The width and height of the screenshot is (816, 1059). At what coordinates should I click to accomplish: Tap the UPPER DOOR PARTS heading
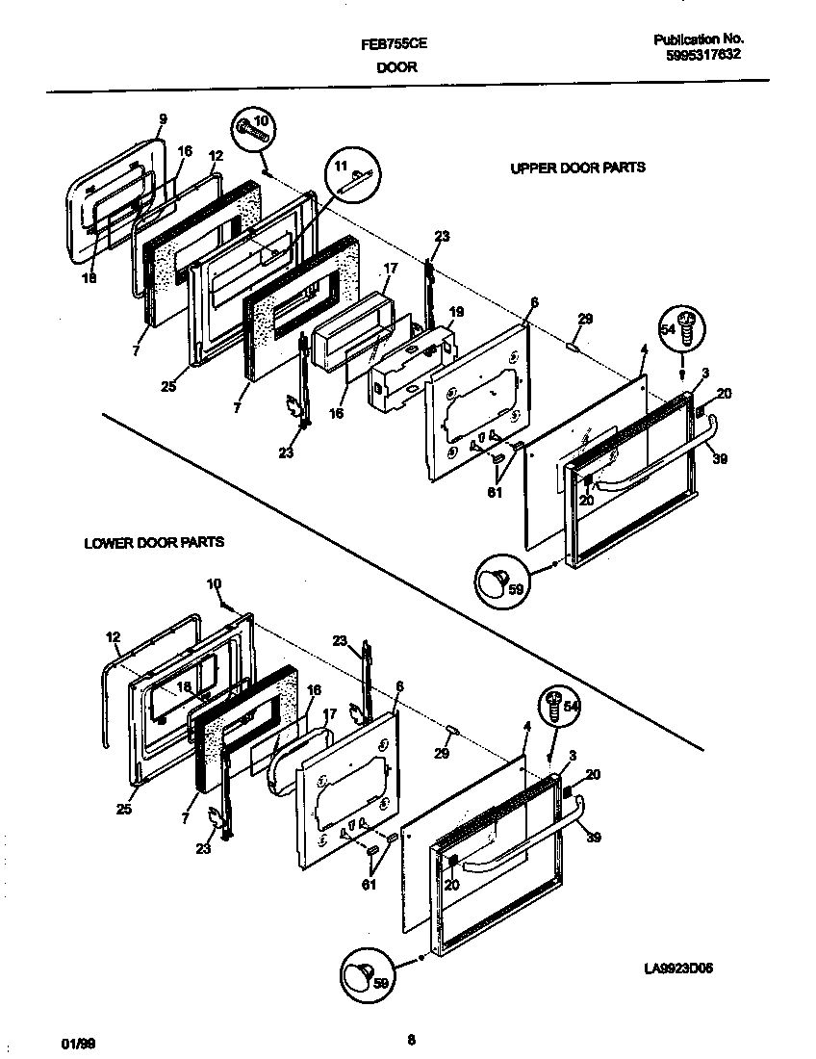(577, 168)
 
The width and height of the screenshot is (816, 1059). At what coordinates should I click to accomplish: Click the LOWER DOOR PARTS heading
(154, 543)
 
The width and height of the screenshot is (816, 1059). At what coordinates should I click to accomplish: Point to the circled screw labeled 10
(254, 129)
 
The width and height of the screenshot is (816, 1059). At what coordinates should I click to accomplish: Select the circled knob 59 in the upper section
(500, 581)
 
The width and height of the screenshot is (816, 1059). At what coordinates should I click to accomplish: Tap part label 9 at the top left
(163, 118)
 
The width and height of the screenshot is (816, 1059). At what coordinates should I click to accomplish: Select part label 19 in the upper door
(456, 312)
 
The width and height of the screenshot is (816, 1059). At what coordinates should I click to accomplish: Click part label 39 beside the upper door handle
(720, 460)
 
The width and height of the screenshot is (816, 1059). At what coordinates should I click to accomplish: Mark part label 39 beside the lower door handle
(594, 838)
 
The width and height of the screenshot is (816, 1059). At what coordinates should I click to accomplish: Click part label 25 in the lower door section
(123, 810)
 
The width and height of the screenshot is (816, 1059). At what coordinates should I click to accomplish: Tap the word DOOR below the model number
(389, 68)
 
